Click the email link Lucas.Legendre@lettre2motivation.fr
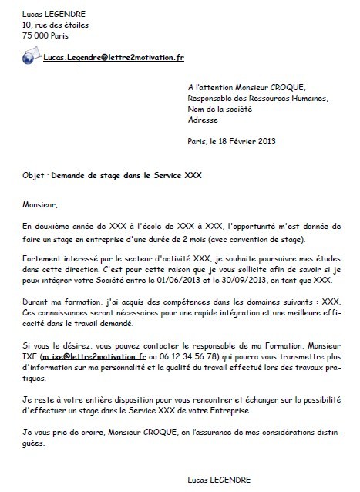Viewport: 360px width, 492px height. (113, 58)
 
